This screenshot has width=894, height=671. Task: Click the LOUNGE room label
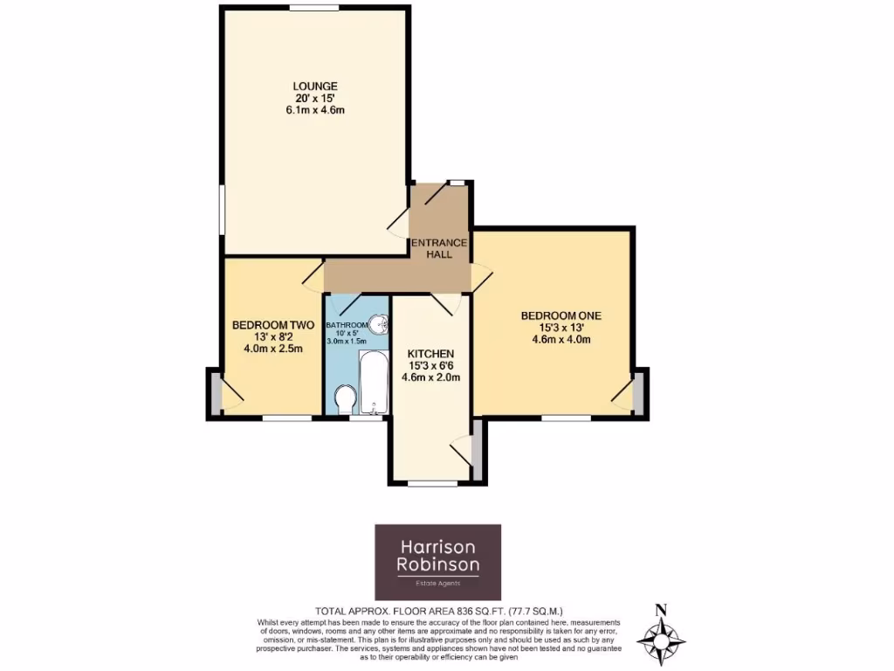tap(314, 86)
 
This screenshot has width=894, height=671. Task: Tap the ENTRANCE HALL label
tap(445, 248)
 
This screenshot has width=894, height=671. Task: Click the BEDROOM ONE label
tap(561, 315)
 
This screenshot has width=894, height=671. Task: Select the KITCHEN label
tap(430, 353)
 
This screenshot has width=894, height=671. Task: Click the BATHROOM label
tap(347, 326)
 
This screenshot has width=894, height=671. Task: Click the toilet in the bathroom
tap(344, 400)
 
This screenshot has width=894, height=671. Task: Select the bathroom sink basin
tap(379, 324)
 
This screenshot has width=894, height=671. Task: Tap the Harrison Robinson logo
tap(437, 562)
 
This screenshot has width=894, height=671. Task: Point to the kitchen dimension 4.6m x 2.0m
tap(430, 377)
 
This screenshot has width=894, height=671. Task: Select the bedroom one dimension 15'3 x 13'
tap(561, 328)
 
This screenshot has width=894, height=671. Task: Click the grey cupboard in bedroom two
tap(214, 391)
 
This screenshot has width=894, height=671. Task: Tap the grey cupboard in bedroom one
tap(639, 391)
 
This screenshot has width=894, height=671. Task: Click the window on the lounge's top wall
tap(314, 9)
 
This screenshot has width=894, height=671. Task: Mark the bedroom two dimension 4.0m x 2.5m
tap(272, 349)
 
